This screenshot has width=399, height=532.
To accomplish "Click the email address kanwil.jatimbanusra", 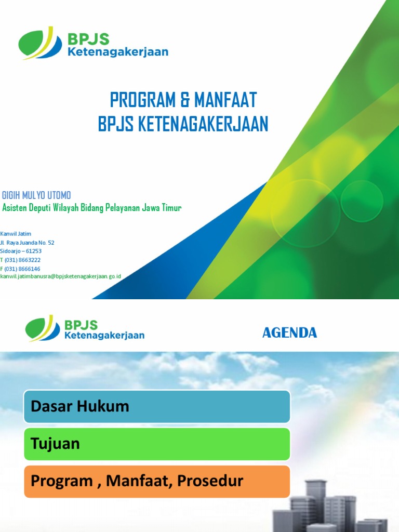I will [61, 276].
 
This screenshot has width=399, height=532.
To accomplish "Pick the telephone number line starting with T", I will [21, 260].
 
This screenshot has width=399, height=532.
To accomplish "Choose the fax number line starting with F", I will [21, 269].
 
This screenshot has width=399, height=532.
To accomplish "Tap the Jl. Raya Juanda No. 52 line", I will [28, 243].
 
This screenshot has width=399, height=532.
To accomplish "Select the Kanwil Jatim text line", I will [16, 234].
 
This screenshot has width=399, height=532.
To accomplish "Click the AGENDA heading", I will [289, 333].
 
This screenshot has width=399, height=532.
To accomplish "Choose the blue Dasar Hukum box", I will [157, 406].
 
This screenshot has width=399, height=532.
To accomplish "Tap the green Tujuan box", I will [157, 444].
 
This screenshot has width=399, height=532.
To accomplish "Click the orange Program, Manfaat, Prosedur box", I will [157, 481].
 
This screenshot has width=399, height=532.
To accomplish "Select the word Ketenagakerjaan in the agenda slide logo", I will [104, 336].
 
